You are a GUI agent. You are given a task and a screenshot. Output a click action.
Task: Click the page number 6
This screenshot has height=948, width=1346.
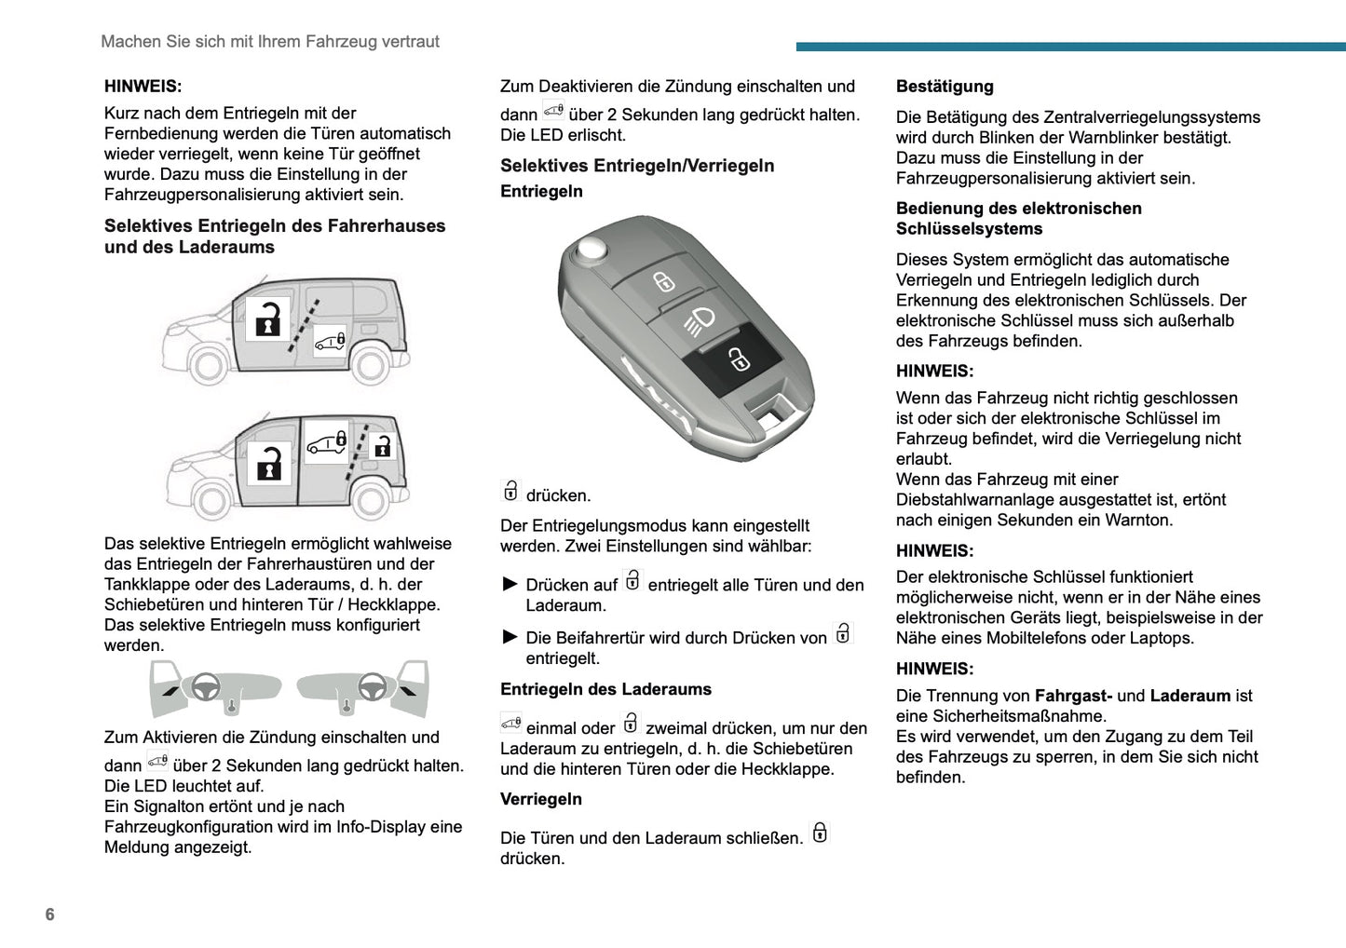click(x=50, y=914)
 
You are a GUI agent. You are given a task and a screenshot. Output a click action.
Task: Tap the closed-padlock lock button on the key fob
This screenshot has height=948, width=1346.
click(x=663, y=281)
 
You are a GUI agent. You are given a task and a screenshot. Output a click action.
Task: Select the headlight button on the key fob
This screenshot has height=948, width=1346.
click(x=700, y=321)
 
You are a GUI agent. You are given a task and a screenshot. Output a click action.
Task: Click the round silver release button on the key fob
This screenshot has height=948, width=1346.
click(x=591, y=248)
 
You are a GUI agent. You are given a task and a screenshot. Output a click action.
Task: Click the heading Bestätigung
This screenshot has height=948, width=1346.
click(x=945, y=87)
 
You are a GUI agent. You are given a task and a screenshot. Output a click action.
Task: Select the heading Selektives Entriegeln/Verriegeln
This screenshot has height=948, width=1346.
click(x=637, y=166)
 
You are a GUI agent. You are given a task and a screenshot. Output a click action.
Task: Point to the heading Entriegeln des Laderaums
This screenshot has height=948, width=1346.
click(x=605, y=689)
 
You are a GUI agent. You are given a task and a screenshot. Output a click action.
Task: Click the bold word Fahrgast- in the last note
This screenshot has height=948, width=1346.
click(x=1073, y=696)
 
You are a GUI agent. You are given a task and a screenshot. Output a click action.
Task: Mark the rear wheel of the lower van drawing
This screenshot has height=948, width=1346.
click(x=371, y=501)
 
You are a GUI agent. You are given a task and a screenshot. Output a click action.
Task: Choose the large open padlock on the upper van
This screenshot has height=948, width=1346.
click(x=268, y=319)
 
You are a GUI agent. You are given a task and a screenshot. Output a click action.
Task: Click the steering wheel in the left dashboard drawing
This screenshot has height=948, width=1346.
click(x=206, y=687)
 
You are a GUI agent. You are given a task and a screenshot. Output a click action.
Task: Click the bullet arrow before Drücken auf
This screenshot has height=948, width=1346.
click(x=510, y=584)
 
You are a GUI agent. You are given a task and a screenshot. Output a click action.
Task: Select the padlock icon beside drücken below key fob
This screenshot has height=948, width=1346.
click(x=510, y=491)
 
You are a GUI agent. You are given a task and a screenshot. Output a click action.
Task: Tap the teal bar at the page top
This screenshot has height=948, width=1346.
click(x=1070, y=47)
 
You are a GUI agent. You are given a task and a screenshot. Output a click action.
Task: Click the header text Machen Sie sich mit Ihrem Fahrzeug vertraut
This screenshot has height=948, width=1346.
click(x=270, y=42)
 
